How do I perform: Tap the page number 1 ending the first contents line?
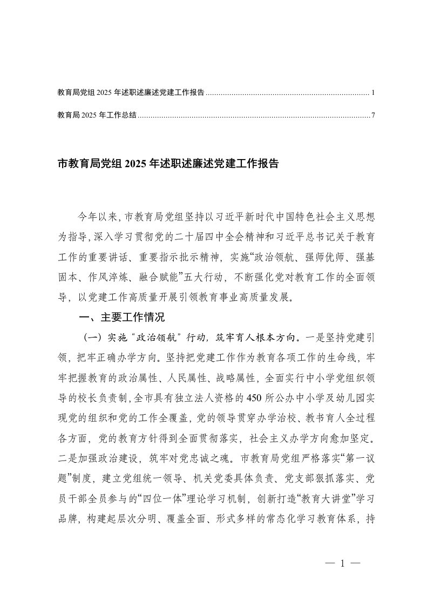coord(373,93)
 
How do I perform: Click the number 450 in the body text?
coord(256,398)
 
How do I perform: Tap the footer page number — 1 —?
coord(342,563)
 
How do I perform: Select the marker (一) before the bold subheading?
coord(90,338)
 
